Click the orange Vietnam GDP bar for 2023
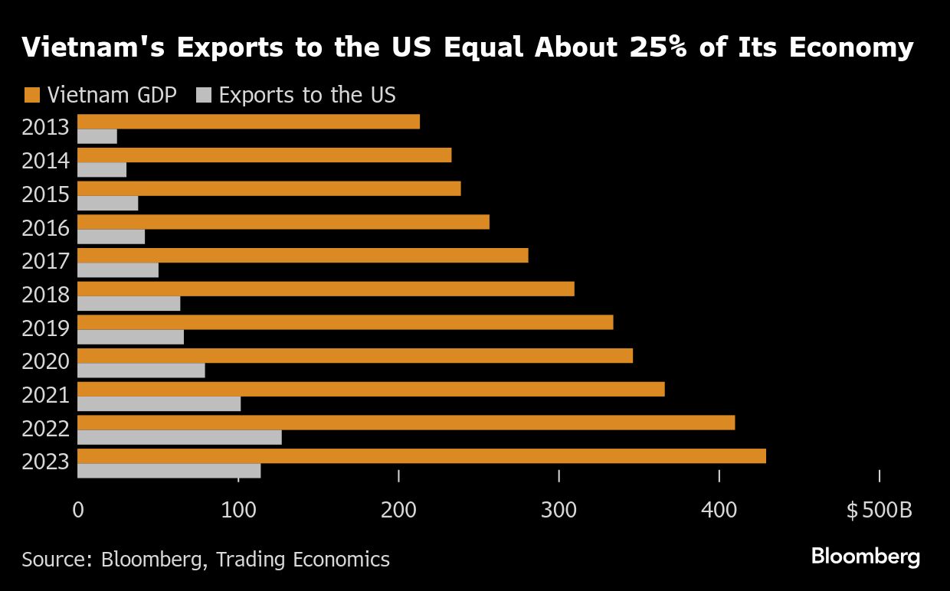click(421, 455)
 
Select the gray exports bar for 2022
click(179, 437)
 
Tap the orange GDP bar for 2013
click(248, 122)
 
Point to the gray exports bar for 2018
click(129, 303)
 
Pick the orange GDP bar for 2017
click(303, 256)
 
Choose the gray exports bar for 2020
click(141, 371)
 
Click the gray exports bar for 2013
click(97, 136)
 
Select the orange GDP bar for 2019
click(345, 322)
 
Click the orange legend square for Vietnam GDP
click(31, 96)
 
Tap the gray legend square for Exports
click(203, 96)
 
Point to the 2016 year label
click(46, 228)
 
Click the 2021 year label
click(46, 396)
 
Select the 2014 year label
click(46, 161)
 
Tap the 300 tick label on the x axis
click(559, 510)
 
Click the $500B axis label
click(879, 510)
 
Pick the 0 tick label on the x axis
click(78, 510)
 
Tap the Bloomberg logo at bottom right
click(865, 557)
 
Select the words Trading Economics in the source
click(303, 560)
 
